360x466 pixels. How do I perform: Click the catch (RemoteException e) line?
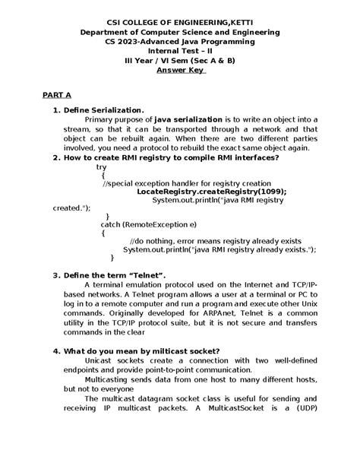(148, 225)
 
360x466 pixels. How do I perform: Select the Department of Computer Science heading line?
(180, 33)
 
